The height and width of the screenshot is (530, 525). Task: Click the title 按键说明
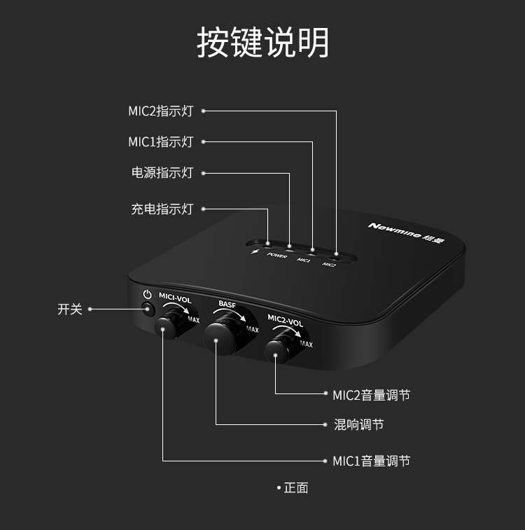coord(262,43)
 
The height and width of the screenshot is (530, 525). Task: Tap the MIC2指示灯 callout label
coord(160,111)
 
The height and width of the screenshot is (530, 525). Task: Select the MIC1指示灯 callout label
coord(160,142)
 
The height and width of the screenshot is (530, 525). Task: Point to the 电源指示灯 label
coord(162,173)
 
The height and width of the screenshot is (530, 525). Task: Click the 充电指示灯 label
coord(162,209)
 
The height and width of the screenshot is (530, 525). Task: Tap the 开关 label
coord(70,309)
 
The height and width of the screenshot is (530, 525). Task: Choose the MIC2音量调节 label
coord(371,395)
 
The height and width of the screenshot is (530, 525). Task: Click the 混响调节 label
coord(358,425)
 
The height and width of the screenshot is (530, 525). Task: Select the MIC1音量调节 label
coord(371,461)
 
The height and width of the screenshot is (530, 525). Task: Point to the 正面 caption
coord(295,488)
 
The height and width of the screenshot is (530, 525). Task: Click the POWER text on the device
coord(277,256)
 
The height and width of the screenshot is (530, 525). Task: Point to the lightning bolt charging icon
coord(254,253)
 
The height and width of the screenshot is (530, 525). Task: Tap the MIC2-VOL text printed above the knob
coord(286,322)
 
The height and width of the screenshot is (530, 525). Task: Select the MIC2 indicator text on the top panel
coord(329,265)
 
